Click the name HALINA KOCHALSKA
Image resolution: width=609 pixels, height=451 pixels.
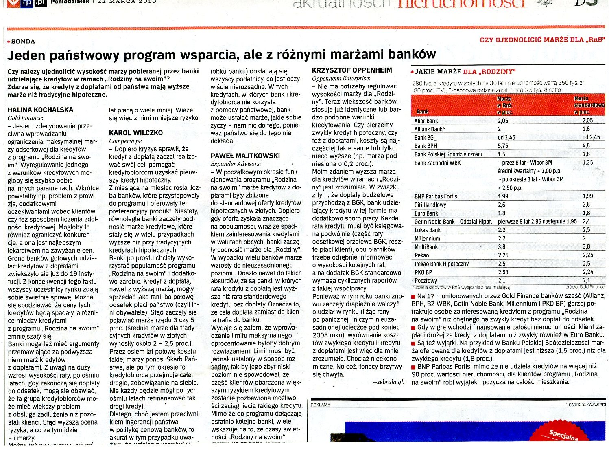(40, 110)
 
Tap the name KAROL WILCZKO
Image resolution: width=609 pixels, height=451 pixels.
(136, 133)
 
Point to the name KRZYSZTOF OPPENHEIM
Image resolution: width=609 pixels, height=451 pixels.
(352, 70)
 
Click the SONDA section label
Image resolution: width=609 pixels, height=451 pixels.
(23, 42)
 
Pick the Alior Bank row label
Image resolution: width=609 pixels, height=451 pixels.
(426, 121)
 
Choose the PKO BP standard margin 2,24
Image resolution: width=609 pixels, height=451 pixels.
(588, 272)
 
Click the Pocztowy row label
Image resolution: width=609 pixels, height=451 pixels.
(426, 281)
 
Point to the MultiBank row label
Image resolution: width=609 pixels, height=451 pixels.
(426, 247)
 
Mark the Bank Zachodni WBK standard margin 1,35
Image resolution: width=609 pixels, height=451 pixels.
(588, 163)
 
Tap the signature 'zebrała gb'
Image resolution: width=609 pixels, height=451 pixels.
(388, 382)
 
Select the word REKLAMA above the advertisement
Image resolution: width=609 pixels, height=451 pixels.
(321, 405)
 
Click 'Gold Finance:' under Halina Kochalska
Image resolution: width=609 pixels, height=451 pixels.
(25, 118)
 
